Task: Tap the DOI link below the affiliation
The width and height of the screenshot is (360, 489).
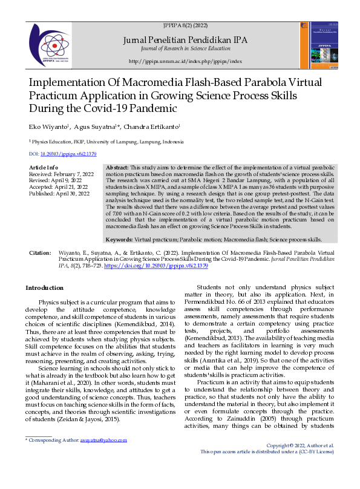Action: pos(64,154)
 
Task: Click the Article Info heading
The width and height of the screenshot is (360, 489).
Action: pos(44,167)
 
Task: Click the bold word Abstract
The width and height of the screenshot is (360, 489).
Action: pos(117,167)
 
